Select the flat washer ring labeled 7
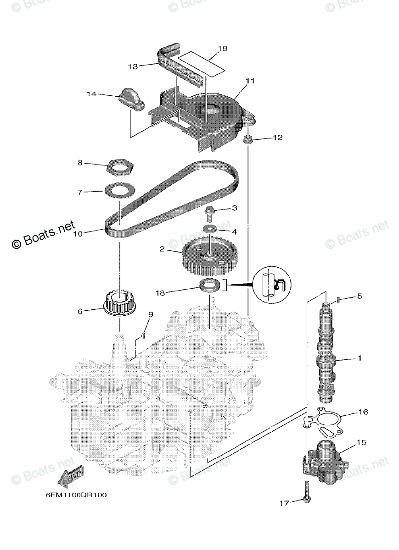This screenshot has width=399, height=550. [119, 189]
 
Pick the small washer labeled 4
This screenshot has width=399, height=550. [211, 228]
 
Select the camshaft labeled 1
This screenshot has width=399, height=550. [327, 353]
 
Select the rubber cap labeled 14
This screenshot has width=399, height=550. [130, 99]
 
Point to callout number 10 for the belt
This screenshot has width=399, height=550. [78, 234]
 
